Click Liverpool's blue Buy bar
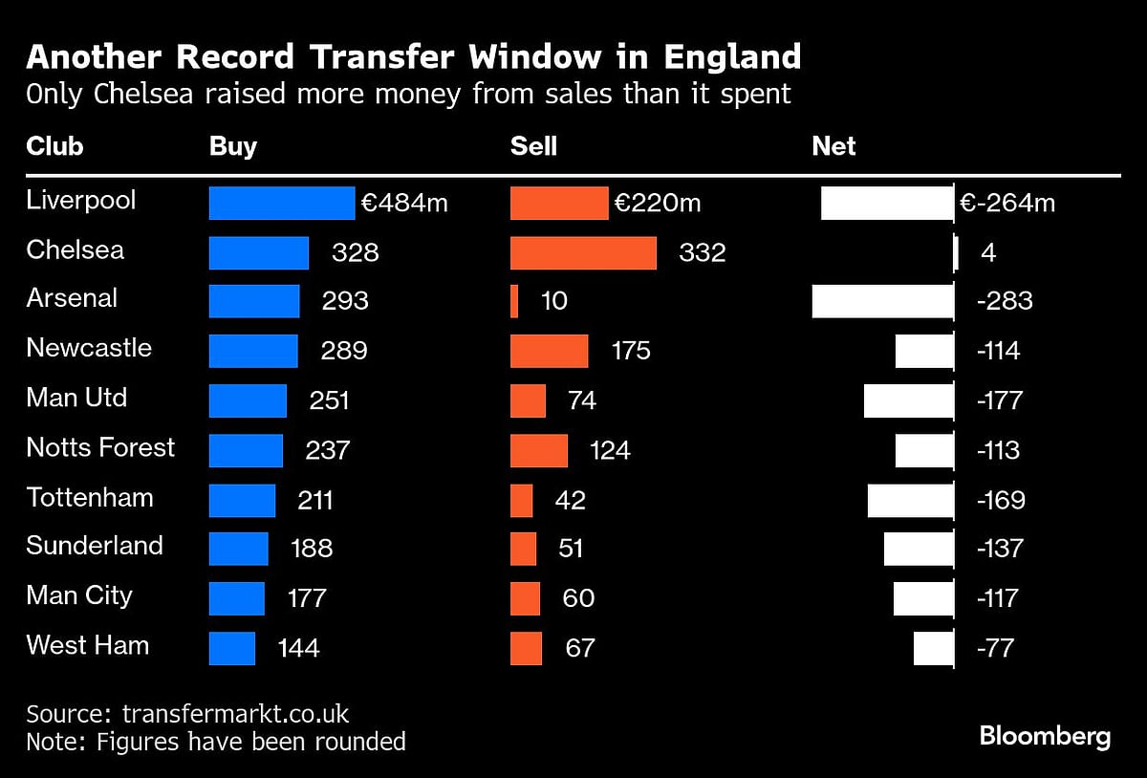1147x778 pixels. [282, 204]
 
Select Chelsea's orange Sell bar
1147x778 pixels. [583, 253]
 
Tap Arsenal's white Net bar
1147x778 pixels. [882, 301]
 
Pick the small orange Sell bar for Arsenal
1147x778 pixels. [514, 301]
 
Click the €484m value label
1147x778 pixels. [404, 203]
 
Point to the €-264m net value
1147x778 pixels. [1007, 203]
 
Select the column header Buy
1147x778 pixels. [233, 146]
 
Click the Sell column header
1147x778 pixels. [533, 146]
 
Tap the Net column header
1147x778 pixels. [833, 146]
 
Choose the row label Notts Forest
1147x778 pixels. [100, 447]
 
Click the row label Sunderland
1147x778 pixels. [95, 546]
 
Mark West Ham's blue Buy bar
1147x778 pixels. [232, 648]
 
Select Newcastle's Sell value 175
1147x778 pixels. [631, 351]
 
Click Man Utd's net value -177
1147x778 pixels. [999, 400]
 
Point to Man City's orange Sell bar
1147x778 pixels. [525, 598]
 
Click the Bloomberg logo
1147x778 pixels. [1045, 737]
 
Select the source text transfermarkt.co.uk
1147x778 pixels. [235, 714]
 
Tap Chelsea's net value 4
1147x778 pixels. [988, 253]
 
